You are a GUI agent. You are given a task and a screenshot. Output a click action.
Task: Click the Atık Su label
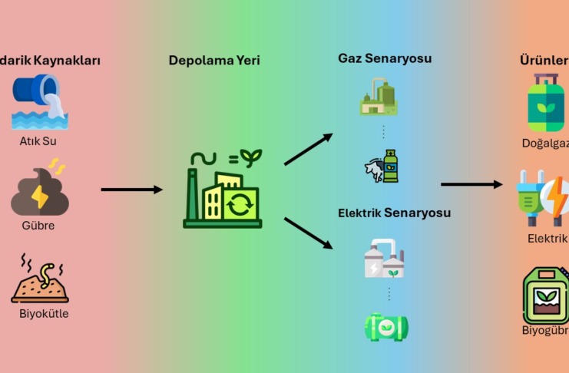pos(38,140)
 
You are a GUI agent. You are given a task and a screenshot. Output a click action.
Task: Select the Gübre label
pos(38,226)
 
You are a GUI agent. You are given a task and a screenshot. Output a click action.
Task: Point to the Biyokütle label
pos(44,312)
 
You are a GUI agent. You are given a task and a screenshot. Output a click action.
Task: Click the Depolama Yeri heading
pos(214,60)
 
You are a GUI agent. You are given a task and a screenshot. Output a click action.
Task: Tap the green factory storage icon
pos(223,192)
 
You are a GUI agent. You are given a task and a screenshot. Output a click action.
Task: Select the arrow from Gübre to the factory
pos(131,189)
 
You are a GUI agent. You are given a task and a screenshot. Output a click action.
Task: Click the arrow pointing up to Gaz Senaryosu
pos(309,149)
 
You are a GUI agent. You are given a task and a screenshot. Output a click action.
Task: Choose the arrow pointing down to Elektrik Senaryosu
pos(309,233)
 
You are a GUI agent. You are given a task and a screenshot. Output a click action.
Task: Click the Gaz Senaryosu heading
pos(385,59)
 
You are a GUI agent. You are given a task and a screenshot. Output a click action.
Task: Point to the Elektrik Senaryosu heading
pos(394,213)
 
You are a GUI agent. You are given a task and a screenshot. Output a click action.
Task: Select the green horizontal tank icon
pos(386,326)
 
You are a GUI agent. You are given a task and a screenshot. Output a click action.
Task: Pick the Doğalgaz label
pos(545,144)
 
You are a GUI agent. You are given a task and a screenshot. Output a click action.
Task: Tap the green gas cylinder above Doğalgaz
pos(545,102)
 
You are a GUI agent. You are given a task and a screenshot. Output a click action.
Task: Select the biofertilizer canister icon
pos(545,294)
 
